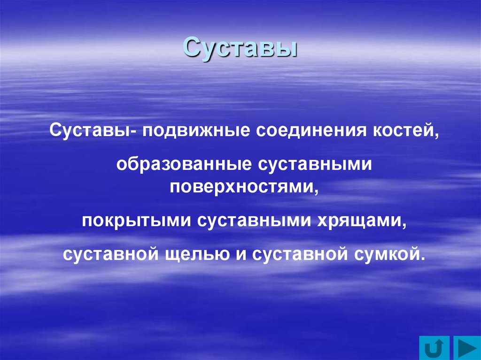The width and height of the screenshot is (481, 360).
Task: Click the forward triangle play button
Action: click(465, 348)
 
